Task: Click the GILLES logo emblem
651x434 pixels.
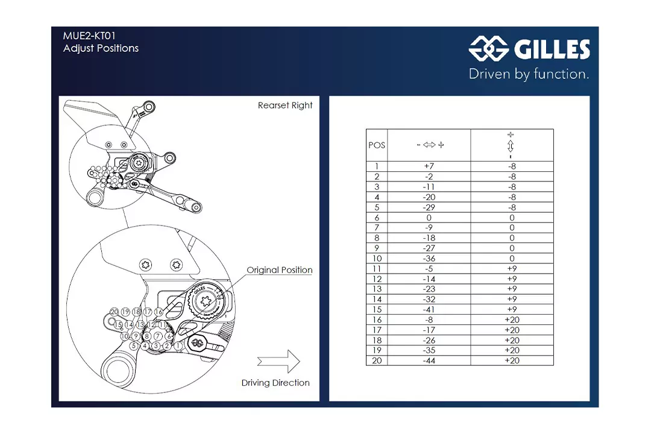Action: tap(489, 48)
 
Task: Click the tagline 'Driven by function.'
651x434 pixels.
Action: tap(529, 74)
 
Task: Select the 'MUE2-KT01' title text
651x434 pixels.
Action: tap(89, 36)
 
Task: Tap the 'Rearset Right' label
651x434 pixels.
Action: tap(285, 105)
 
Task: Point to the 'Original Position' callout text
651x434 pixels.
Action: tap(280, 270)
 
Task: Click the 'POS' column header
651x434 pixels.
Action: tap(377, 145)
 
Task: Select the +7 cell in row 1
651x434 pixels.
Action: tap(429, 166)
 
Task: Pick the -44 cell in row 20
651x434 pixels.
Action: tap(429, 360)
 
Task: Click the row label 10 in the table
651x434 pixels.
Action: tap(377, 259)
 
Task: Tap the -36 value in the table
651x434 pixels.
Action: tap(429, 259)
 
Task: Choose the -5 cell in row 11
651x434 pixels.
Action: tap(429, 269)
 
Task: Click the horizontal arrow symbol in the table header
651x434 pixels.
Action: tap(430, 145)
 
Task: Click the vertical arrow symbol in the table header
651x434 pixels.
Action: tap(511, 146)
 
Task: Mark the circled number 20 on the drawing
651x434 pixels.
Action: tap(115, 312)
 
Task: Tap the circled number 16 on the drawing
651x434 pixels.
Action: tap(159, 312)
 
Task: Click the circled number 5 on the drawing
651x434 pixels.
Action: tap(133, 346)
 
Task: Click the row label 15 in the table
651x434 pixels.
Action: tap(377, 310)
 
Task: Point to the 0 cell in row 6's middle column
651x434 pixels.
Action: tap(429, 218)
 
